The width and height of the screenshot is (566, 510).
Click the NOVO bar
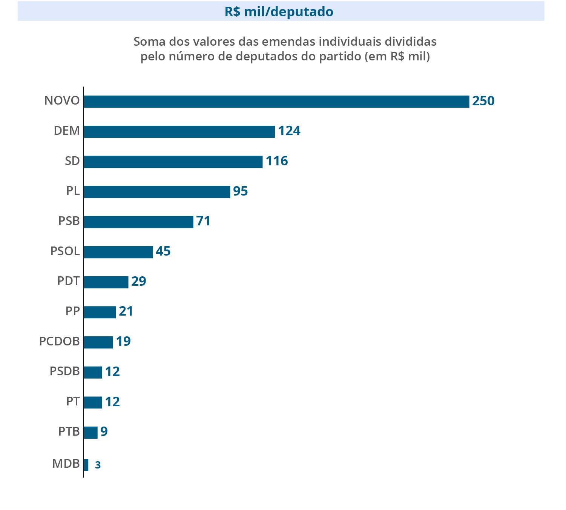click(x=276, y=102)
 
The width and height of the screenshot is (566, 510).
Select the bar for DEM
click(x=179, y=132)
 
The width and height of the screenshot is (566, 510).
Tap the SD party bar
click(x=173, y=162)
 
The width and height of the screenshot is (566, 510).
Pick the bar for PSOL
click(x=118, y=252)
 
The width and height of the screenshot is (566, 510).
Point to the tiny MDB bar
click(x=86, y=465)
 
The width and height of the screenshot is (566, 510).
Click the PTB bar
click(x=90, y=432)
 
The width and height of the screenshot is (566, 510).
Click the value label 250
click(x=483, y=101)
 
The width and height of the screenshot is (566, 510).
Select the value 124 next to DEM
click(x=289, y=131)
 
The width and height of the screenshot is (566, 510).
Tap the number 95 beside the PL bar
click(x=240, y=191)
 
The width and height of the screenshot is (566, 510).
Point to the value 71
click(x=203, y=221)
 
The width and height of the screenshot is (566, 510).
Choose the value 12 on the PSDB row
click(x=112, y=372)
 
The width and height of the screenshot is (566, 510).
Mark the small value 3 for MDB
click(x=98, y=465)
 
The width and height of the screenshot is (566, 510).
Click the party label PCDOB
click(x=60, y=341)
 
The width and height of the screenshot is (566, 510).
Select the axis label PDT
click(x=68, y=281)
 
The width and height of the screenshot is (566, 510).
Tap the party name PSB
click(x=69, y=221)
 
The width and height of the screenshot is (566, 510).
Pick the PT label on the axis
click(x=73, y=401)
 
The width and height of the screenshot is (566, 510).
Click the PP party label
click(x=72, y=311)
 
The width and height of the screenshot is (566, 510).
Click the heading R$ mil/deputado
click(x=279, y=12)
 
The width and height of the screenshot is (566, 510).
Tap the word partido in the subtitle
click(x=341, y=57)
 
